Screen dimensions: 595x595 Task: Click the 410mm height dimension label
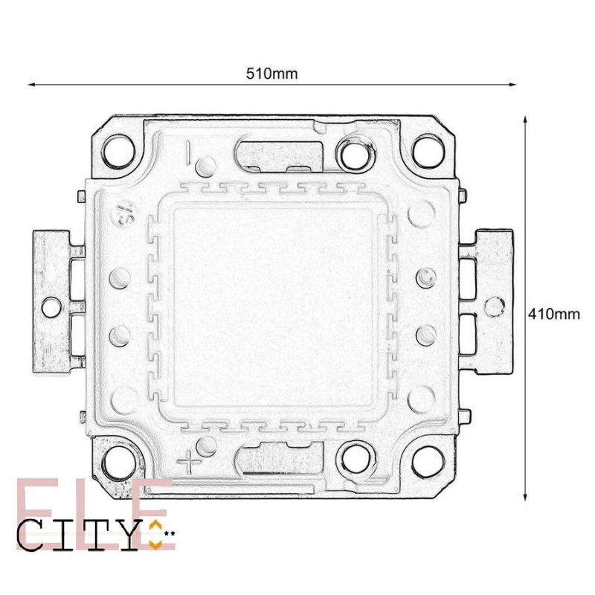553,314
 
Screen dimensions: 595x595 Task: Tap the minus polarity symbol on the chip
190,152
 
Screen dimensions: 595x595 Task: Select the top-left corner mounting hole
118,151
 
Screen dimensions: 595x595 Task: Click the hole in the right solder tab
493,305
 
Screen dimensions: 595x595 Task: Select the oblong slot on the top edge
277,152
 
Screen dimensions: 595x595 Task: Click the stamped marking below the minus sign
123,216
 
